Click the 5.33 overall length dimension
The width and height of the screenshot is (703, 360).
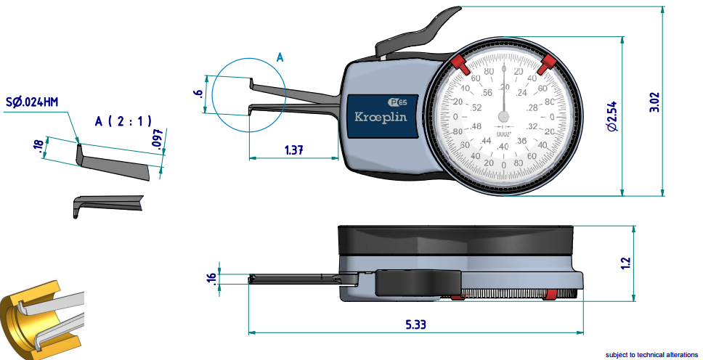[415, 325]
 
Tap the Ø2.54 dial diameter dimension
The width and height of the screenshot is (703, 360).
[612, 116]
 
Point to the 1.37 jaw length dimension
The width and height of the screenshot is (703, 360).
[293, 150]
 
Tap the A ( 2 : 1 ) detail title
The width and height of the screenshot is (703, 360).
[123, 122]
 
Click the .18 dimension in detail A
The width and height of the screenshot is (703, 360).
[38, 147]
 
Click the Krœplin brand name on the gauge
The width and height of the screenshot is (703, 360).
[380, 117]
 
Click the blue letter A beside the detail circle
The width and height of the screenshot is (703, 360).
[280, 57]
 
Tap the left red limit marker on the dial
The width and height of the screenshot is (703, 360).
[460, 64]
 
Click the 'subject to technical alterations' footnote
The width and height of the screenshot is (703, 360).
[651, 355]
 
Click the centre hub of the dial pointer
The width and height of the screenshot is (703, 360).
[504, 116]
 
